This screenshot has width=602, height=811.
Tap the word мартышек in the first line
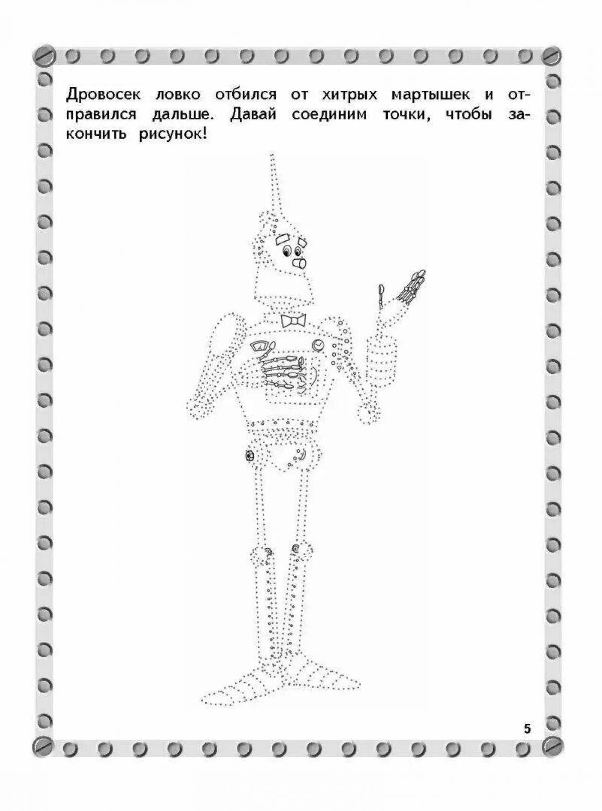430,96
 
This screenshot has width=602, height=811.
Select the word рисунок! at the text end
173,135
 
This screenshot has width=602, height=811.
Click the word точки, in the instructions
408,116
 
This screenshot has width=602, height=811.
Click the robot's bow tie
293,320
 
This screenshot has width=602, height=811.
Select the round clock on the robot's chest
318,345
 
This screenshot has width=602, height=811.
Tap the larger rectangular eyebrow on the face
282,240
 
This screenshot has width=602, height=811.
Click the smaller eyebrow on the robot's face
302,242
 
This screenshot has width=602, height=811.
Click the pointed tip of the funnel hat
271,155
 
